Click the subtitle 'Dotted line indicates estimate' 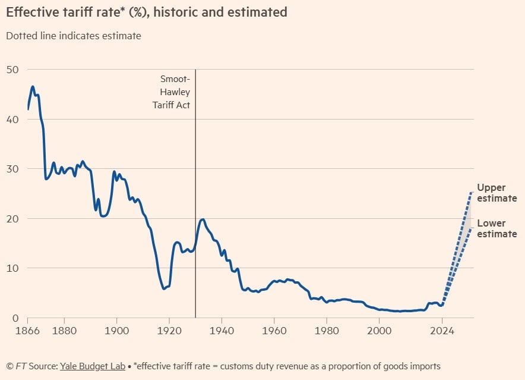74,36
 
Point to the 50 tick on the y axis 13,70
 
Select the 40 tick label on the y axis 13,120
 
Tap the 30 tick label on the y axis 13,169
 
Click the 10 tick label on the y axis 13,268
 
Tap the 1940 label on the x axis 222,328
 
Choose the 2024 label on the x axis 442,328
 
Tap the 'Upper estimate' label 496,193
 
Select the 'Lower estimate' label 496,229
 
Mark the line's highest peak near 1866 33,87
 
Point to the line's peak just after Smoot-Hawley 203,219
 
